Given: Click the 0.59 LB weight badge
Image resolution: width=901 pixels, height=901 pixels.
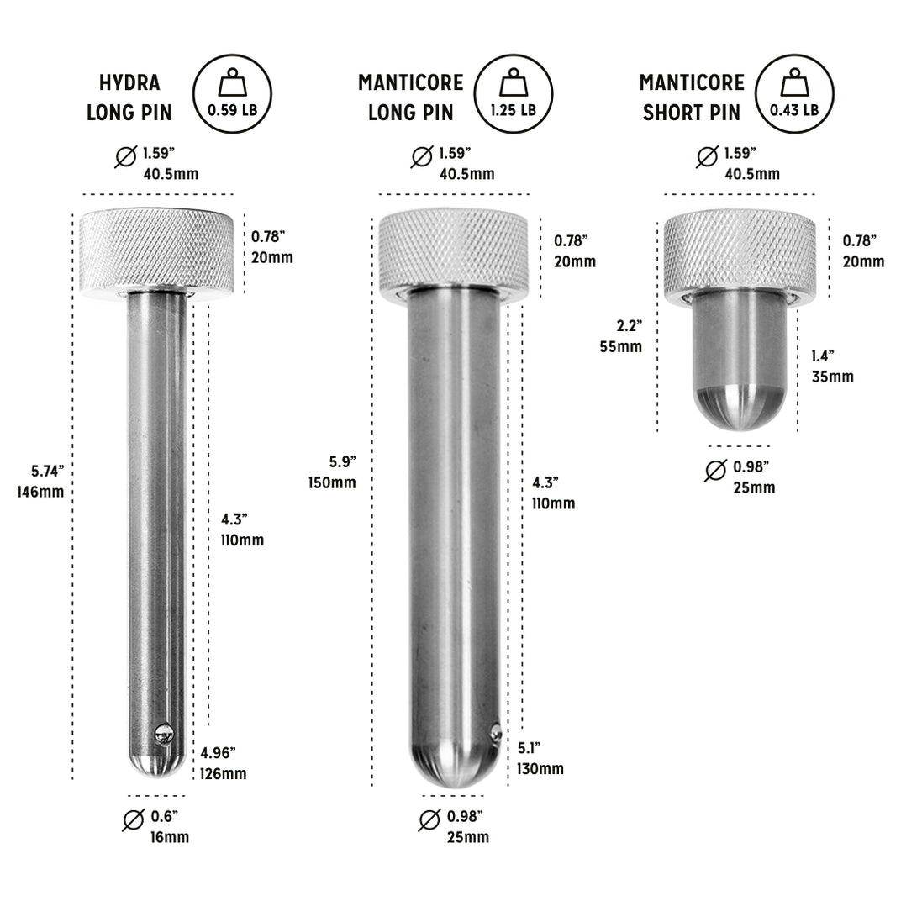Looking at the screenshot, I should [233, 93].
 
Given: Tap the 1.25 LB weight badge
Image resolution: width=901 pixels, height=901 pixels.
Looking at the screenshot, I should [514, 93].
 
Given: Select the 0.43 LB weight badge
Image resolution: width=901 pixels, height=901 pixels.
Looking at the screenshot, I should [794, 93].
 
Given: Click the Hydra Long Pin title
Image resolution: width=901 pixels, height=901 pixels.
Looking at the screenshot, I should [129, 97].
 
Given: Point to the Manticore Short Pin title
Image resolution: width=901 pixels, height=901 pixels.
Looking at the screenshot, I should [692, 97].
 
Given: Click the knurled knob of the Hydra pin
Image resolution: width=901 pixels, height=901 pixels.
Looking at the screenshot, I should [156, 250].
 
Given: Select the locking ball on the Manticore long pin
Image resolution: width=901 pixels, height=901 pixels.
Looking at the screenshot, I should [496, 732].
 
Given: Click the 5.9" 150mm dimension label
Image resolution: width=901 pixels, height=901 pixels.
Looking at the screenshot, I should [332, 472].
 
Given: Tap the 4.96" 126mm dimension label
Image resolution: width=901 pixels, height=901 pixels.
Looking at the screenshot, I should [223, 762].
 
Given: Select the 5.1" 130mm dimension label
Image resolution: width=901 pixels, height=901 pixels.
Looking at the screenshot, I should [540, 758].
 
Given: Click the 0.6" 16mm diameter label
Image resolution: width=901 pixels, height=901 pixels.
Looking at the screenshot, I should [171, 826].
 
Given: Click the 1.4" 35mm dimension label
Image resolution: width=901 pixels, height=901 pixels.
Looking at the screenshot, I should [832, 366].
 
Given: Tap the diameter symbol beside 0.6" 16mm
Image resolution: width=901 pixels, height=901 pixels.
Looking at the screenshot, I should [133, 820].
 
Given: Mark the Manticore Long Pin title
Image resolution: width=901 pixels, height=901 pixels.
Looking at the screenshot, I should [410, 97].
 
